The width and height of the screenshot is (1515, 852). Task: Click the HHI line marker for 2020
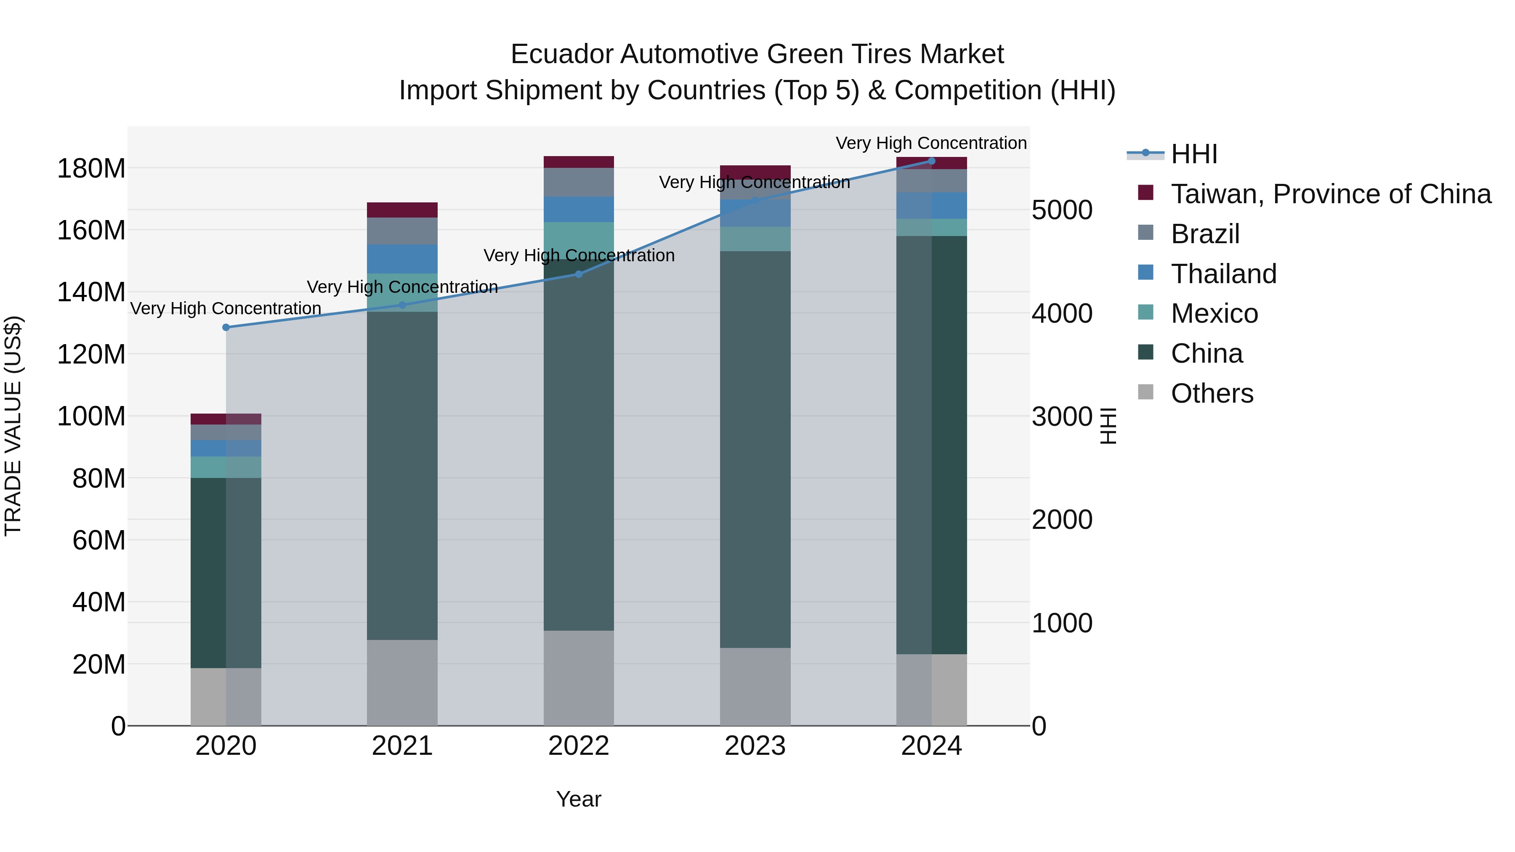(x=226, y=327)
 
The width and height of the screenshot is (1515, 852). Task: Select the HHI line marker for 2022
(x=579, y=274)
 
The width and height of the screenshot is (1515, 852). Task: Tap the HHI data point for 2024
(x=932, y=161)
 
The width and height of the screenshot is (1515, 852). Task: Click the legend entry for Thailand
(x=1223, y=274)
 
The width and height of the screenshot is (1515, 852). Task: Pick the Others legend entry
(x=1212, y=393)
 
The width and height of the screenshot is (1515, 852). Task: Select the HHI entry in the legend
(x=1194, y=154)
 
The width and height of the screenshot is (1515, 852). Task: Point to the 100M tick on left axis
(x=91, y=416)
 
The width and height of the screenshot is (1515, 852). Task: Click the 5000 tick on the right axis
(x=1062, y=210)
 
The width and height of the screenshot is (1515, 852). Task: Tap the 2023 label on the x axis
(x=755, y=746)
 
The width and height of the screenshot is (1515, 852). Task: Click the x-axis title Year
(x=579, y=799)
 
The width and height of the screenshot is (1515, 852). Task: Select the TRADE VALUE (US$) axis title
(x=13, y=426)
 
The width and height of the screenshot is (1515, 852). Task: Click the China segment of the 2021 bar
(x=402, y=476)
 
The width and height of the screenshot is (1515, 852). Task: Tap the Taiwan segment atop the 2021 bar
(x=402, y=210)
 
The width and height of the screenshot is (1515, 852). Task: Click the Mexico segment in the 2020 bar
(x=226, y=467)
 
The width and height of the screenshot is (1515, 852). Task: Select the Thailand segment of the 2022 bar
(x=579, y=210)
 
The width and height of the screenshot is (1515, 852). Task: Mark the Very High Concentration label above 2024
(x=932, y=143)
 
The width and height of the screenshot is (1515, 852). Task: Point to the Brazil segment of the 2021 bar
(x=402, y=231)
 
